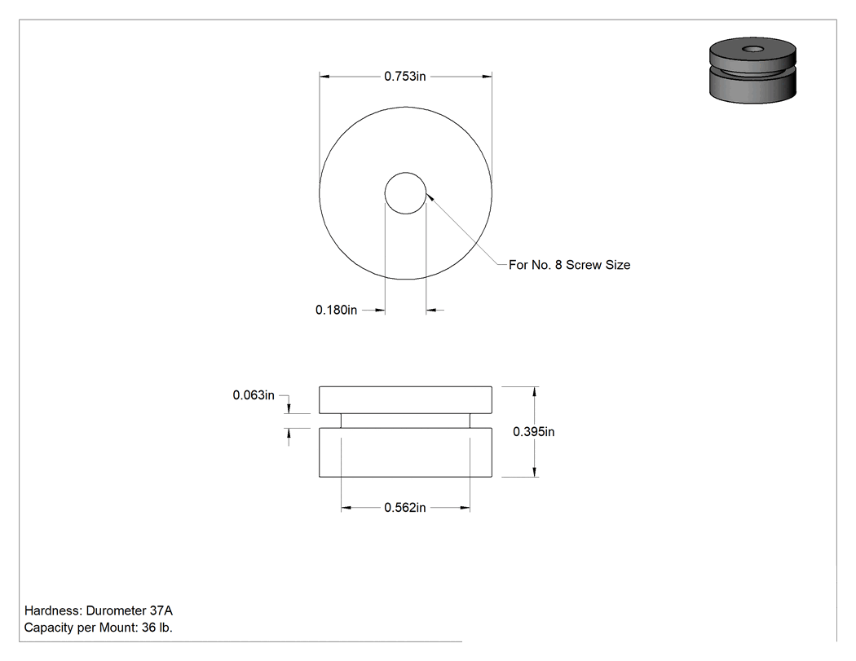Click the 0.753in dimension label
pyautogui.click(x=405, y=77)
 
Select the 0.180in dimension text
pyautogui.click(x=336, y=310)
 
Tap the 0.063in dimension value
pyautogui.click(x=254, y=395)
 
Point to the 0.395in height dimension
pyautogui.click(x=534, y=432)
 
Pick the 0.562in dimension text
pyautogui.click(x=405, y=508)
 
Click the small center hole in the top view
pyautogui.click(x=406, y=193)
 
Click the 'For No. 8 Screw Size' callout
pyautogui.click(x=569, y=265)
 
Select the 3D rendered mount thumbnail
pyautogui.click(x=752, y=70)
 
